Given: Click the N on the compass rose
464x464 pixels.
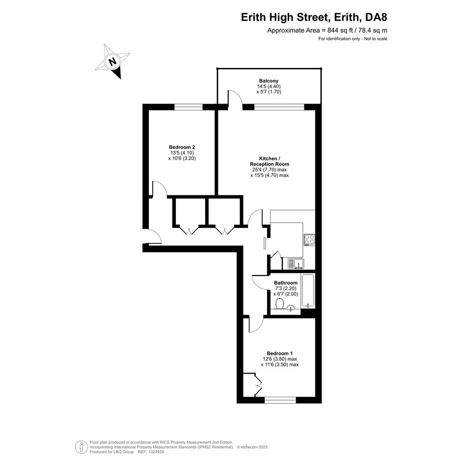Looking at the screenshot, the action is click(112, 62).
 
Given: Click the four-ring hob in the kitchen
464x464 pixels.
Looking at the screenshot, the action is click(309, 240).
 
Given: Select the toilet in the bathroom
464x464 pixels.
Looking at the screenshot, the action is click(280, 303).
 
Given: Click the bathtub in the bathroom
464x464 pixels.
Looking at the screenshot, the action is click(308, 291).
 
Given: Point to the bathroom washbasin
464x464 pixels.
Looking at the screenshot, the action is click(291, 308).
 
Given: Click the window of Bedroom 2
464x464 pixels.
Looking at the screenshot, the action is click(189, 107).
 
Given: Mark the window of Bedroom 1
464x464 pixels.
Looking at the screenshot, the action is click(280, 400).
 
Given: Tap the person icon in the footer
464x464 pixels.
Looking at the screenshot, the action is click(81, 447).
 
